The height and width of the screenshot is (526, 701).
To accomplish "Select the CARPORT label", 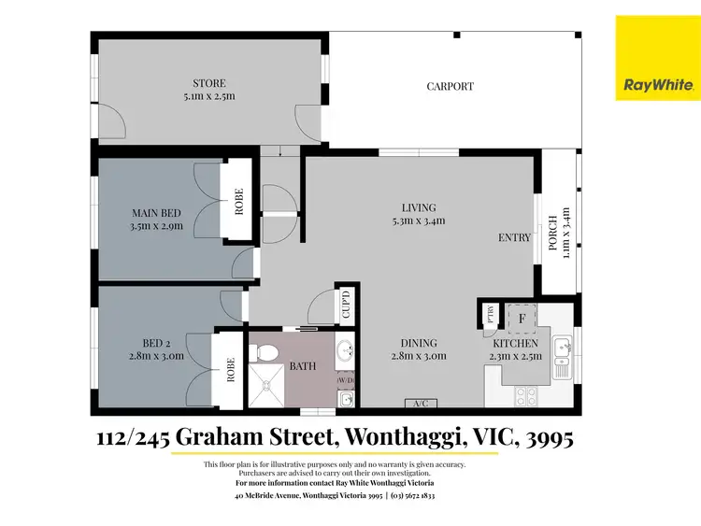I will tap(451, 87).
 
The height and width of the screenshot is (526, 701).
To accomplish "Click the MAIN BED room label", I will tap(156, 219).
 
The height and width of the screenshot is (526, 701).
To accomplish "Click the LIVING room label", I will tap(418, 214).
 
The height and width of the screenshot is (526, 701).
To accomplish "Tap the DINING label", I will tap(418, 348).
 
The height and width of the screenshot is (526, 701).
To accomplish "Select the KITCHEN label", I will tap(515, 348).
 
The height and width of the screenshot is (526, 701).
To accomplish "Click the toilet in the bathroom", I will tap(265, 354).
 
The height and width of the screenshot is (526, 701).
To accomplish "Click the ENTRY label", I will tap(514, 237).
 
